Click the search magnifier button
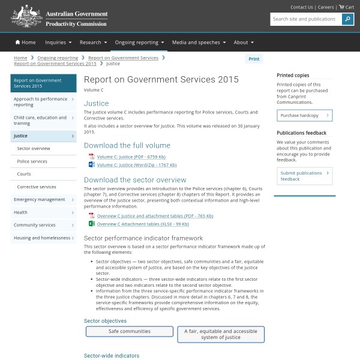pos(348,19)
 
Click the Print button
pos(254,59)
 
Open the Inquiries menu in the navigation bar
pos(58,43)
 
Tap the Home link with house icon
pos(26,43)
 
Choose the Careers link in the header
pos(326,7)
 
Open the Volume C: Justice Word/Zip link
pos(137,164)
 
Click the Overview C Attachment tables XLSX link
pos(143,224)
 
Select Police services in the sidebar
pos(32,161)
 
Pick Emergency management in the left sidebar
pos(40,200)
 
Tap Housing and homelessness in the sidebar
pos(42,238)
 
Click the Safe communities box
pos(130,331)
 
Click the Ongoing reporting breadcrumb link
pos(58,58)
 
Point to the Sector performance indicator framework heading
pos(143,238)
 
